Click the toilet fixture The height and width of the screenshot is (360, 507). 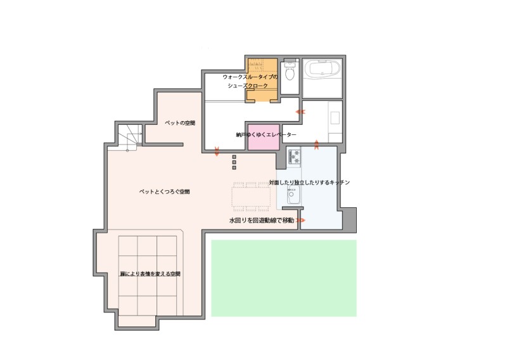pos(290,71)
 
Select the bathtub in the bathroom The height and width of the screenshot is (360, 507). pos(323,69)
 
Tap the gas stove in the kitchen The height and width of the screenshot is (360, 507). pos(294,156)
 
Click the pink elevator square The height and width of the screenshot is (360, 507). pos(264,137)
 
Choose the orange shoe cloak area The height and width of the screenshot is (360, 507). pos(262,80)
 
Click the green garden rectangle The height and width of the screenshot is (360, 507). pos(284,278)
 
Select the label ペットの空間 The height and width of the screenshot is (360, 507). pos(180,123)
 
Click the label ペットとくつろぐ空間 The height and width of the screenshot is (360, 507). pos(165,192)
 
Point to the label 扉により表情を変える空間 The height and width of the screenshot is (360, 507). pos(150,274)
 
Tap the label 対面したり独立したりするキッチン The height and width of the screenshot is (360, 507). pos(309,183)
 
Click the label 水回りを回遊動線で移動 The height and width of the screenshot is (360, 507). pos(262,221)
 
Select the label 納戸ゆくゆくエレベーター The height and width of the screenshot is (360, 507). pos(266,135)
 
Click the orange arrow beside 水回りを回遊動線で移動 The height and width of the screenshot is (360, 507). pos(300,221)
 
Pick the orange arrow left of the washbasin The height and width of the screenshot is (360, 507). pos(300,112)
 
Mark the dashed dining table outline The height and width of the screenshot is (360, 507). pos(251,196)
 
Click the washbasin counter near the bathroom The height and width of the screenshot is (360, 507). pos(335,122)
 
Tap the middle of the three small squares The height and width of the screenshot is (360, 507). pos(234,162)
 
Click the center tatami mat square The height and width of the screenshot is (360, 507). pos(148,276)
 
